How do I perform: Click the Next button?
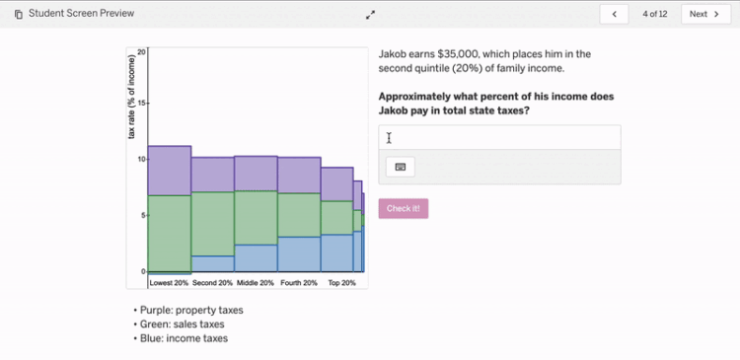click(x=704, y=14)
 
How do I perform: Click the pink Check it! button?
click(x=403, y=208)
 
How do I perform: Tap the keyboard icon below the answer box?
click(x=400, y=167)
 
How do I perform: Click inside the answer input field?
click(x=499, y=138)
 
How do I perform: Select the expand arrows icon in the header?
click(x=370, y=15)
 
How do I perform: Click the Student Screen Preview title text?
click(x=81, y=14)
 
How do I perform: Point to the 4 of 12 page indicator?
click(x=655, y=14)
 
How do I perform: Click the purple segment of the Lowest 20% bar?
click(x=169, y=171)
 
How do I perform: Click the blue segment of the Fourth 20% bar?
click(x=298, y=253)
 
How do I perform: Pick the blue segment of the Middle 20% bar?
click(x=256, y=257)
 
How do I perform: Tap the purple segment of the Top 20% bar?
click(x=337, y=183)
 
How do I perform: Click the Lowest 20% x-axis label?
click(x=169, y=283)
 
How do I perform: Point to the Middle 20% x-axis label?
click(x=255, y=283)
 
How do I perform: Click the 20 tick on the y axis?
click(x=141, y=51)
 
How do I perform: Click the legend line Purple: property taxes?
click(x=190, y=310)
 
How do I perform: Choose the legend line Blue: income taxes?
click(x=184, y=338)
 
